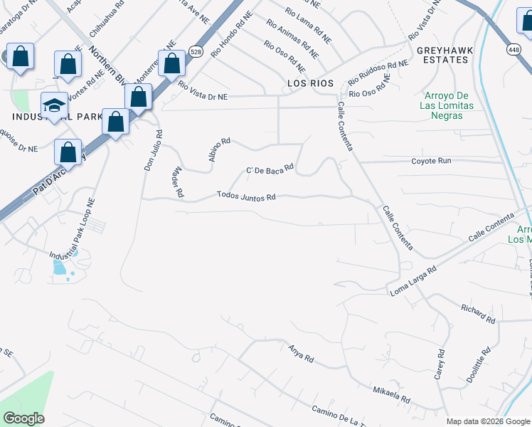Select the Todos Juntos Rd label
[x=246, y=196]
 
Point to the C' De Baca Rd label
[x=270, y=169]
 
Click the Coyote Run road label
[x=431, y=161]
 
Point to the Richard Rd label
[x=477, y=314]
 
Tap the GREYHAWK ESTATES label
[x=442, y=55]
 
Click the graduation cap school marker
[x=53, y=106]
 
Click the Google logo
[x=23, y=418]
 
